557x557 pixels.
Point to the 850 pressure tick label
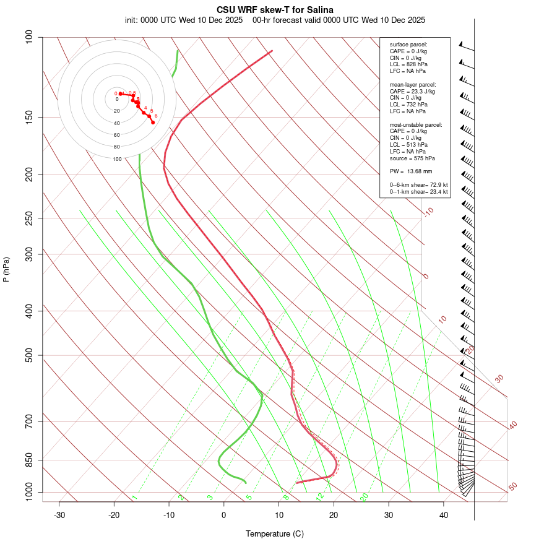30,460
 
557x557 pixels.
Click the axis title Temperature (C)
275,533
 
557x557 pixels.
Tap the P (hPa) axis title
6,270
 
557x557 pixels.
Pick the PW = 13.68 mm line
411,171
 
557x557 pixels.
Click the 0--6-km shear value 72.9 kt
435,185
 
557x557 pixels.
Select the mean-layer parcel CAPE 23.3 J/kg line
412,91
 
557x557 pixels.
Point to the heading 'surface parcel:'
408,45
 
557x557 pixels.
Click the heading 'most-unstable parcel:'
416,124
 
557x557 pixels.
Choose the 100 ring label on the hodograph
117,159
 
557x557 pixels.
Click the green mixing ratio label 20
364,496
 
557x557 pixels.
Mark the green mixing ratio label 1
134,497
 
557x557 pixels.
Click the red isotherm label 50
512,487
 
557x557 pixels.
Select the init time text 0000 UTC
158,20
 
